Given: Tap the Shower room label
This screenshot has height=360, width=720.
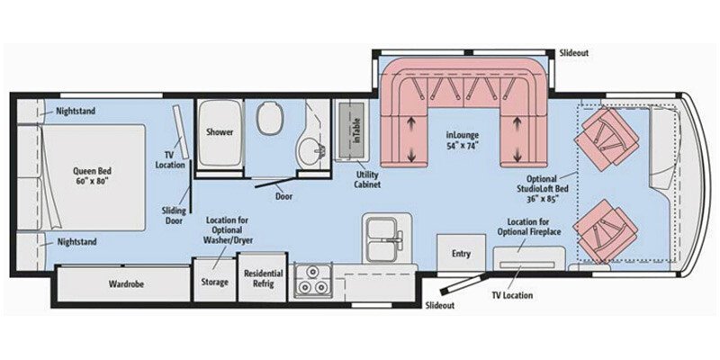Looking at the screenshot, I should [220, 132].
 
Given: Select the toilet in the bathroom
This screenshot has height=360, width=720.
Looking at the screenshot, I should [269, 118].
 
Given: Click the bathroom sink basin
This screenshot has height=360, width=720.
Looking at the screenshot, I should [310, 149].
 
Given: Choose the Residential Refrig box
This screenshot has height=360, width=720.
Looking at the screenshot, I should [263, 279].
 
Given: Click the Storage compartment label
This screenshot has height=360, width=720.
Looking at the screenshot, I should [214, 282].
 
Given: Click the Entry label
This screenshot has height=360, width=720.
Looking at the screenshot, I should [461, 254].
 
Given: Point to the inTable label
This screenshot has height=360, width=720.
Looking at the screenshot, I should [355, 136].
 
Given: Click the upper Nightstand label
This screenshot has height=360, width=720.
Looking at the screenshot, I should [74, 111].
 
